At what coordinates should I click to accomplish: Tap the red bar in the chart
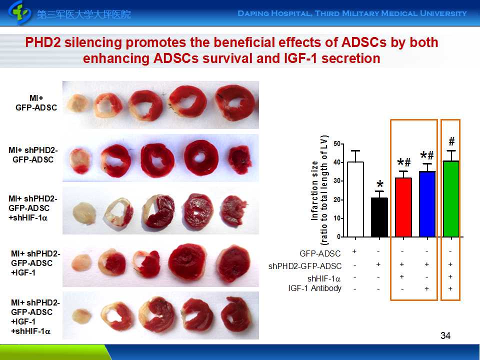pyautogui.click(x=403, y=207)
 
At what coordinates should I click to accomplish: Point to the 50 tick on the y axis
pyautogui.click(x=337, y=144)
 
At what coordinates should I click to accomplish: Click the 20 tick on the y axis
pyautogui.click(x=337, y=199)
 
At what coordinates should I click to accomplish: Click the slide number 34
pyautogui.click(x=445, y=335)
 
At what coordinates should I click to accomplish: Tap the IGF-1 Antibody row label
pyautogui.click(x=315, y=288)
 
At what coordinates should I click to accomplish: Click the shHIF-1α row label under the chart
pyautogui.click(x=324, y=278)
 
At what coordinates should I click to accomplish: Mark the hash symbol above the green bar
pyautogui.click(x=451, y=141)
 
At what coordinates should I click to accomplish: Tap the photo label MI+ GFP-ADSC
pyautogui.click(x=36, y=103)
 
